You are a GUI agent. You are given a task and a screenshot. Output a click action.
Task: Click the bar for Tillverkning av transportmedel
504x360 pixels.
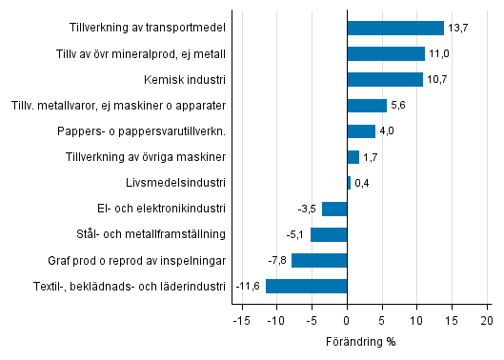coord(394,29)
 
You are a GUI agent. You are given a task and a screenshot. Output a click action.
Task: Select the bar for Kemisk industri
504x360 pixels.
coord(384,80)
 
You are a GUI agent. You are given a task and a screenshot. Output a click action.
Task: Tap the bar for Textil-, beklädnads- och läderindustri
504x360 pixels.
coord(306,286)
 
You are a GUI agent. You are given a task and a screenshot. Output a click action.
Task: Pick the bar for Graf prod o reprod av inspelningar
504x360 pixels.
coord(319,260)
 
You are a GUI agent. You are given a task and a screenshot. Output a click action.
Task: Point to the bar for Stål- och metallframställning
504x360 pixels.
coord(329,234)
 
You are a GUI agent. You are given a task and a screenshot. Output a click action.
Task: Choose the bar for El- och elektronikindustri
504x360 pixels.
coord(334,209)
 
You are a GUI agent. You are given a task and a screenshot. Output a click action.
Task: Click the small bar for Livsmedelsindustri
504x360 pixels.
coord(349,183)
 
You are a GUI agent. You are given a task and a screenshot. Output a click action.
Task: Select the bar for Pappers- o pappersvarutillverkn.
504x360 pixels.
coord(361,131)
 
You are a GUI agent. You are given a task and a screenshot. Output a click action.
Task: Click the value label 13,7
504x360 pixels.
coord(458,29)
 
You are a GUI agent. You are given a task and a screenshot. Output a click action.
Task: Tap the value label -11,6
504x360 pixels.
coord(248,286)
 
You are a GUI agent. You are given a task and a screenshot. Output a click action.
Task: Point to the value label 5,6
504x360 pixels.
coord(399,106)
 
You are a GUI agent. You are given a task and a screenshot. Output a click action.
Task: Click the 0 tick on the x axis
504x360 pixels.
coord(347,320)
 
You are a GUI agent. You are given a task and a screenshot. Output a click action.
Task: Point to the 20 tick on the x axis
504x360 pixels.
coord(486,320)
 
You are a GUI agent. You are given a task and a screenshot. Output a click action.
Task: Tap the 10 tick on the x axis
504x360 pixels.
coord(416,320)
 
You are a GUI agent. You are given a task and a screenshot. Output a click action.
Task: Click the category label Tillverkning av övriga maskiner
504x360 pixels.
coord(146,157)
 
